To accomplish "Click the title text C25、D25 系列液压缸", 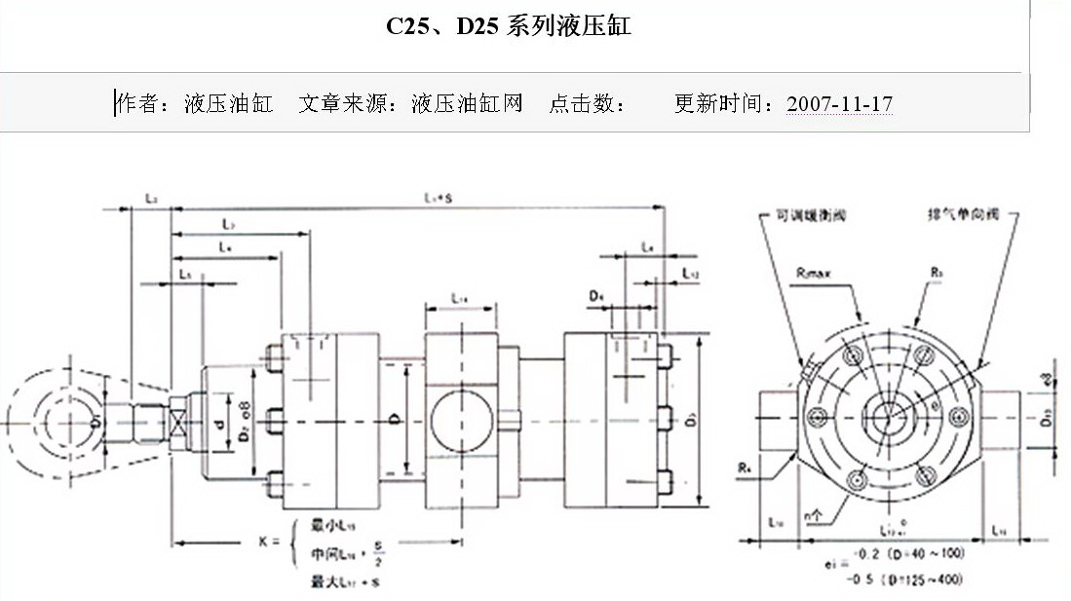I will (x=508, y=26).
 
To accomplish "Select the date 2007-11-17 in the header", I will (x=839, y=103).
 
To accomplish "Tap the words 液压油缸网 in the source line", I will (x=467, y=103).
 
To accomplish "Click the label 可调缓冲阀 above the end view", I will (x=806, y=215).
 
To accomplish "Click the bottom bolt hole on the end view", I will (x=858, y=480).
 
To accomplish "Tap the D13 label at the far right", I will (x=1047, y=420).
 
